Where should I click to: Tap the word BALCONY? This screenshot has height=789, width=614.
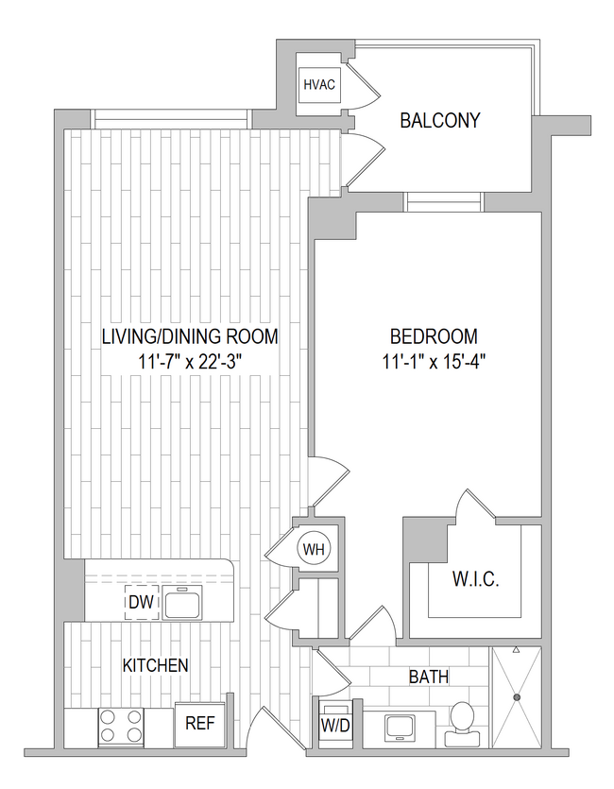tap(439, 121)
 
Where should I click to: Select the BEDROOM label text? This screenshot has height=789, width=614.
tap(434, 336)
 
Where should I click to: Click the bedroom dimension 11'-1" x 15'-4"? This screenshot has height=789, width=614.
tap(434, 361)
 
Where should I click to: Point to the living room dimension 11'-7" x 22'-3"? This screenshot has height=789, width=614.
tap(190, 361)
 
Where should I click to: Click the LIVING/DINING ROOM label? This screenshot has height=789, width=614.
tap(190, 336)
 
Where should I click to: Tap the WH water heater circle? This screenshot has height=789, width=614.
tap(312, 547)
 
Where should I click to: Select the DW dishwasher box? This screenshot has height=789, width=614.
tap(142, 601)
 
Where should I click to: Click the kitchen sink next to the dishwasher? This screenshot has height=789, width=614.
tap(181, 601)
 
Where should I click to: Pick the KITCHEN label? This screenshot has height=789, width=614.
tap(155, 665)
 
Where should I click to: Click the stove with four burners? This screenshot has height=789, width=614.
tap(120, 726)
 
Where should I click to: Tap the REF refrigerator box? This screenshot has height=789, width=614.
tap(198, 726)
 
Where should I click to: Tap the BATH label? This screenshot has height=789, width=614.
tap(428, 677)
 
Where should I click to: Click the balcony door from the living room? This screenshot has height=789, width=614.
tap(364, 151)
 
